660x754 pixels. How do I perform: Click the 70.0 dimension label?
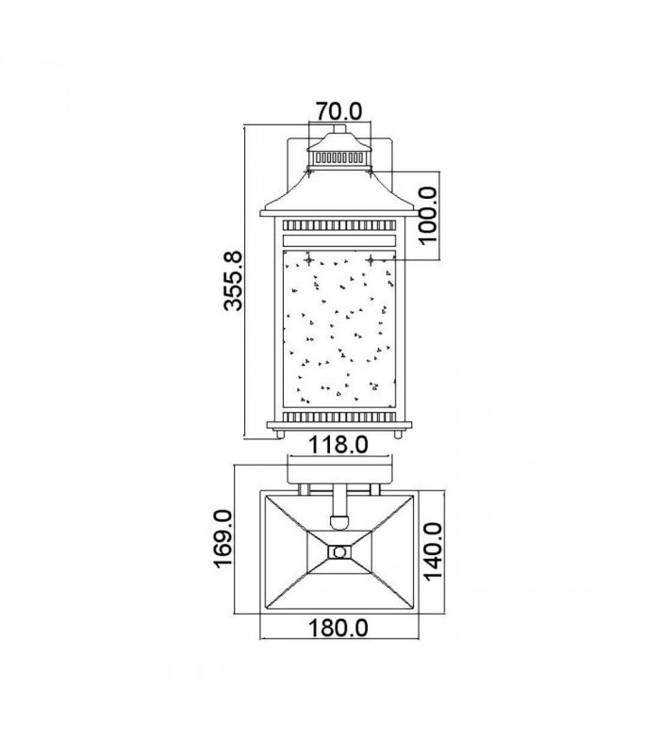[338, 111]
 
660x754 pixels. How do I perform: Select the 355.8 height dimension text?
[234, 280]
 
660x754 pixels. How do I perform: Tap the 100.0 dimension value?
[427, 216]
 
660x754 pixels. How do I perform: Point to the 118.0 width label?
[338, 445]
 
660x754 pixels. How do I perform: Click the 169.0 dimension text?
[223, 539]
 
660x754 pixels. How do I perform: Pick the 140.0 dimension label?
[433, 551]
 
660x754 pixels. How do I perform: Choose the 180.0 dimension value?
[338, 628]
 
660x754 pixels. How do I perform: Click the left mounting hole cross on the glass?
[309, 261]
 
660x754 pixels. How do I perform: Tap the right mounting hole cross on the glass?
[370, 261]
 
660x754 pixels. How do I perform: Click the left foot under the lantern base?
[279, 434]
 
